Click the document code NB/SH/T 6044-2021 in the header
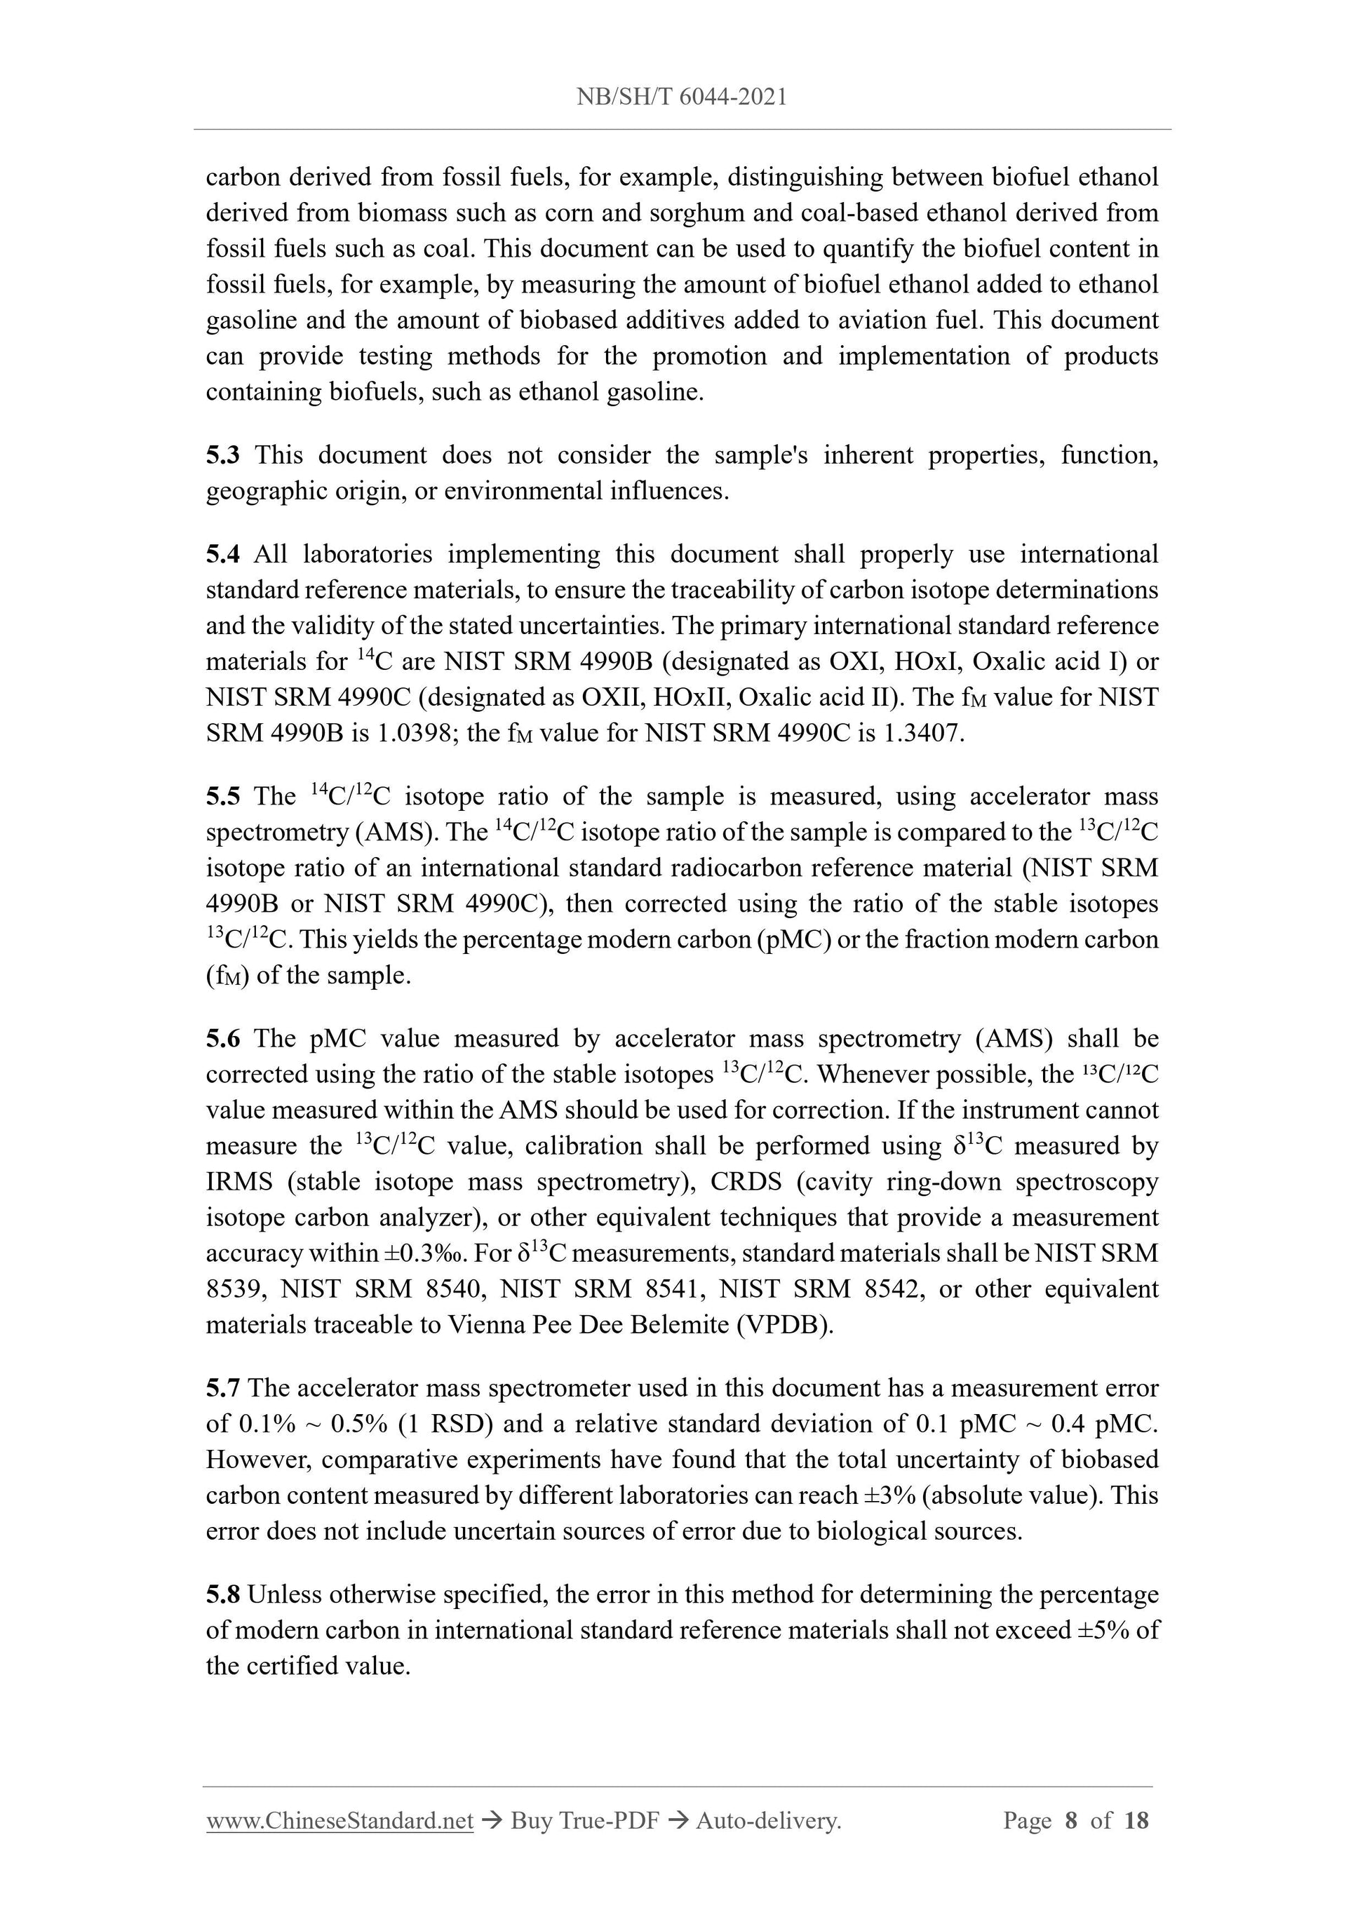pos(682,97)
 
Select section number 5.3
pos(223,455)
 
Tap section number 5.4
pos(223,554)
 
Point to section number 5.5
pos(223,796)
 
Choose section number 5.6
pos(223,1039)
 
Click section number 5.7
pos(223,1387)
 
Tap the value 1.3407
pos(922,734)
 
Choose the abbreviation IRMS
pos(239,1182)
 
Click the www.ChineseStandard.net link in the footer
pos(339,1821)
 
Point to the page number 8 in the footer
pos(1070,1821)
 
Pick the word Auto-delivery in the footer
pos(768,1821)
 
